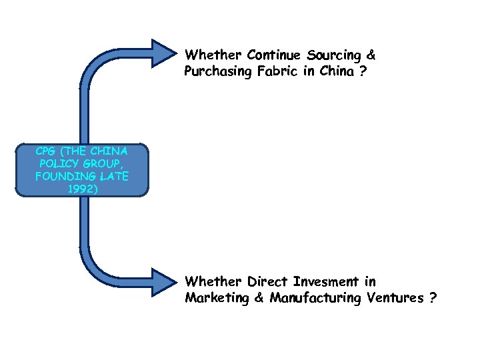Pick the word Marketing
(x=217, y=298)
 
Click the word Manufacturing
(x=316, y=298)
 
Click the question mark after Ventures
(x=433, y=298)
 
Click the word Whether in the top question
(x=213, y=54)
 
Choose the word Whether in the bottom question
(x=213, y=282)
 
